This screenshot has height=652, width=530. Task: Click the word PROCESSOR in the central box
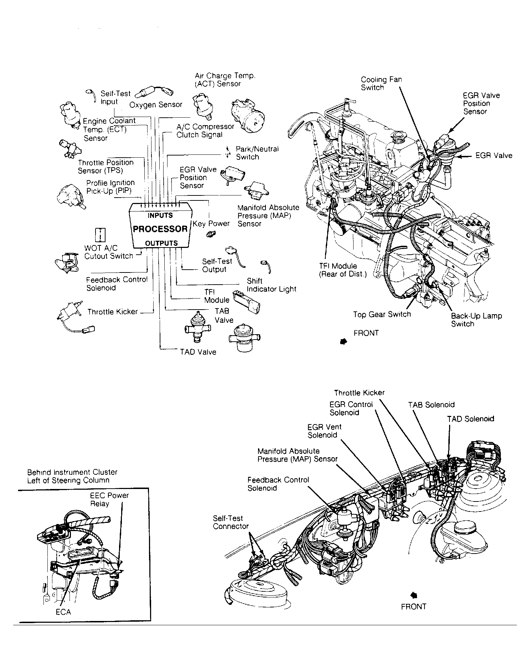(160, 229)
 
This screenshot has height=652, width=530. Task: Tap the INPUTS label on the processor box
(160, 215)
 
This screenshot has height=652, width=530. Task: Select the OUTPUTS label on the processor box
(161, 243)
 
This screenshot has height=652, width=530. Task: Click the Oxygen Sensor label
(156, 105)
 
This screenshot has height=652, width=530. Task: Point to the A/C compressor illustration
(249, 116)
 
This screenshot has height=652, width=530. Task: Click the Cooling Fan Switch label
(381, 83)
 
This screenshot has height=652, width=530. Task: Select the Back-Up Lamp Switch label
(476, 320)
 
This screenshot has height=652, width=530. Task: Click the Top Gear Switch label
(382, 314)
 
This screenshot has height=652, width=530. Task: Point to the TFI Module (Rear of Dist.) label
(343, 270)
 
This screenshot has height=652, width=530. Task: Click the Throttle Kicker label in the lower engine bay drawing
(359, 393)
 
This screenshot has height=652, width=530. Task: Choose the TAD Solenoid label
(470, 419)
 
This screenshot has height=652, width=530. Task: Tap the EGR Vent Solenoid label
(325, 431)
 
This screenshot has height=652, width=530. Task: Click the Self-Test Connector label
(231, 522)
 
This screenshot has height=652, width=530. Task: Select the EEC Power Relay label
(109, 499)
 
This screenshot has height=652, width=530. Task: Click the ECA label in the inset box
(63, 612)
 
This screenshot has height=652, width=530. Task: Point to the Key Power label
(211, 224)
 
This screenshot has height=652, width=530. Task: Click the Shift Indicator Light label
(272, 285)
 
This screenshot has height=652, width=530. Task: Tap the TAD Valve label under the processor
(198, 352)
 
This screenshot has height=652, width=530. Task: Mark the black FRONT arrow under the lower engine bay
(414, 595)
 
